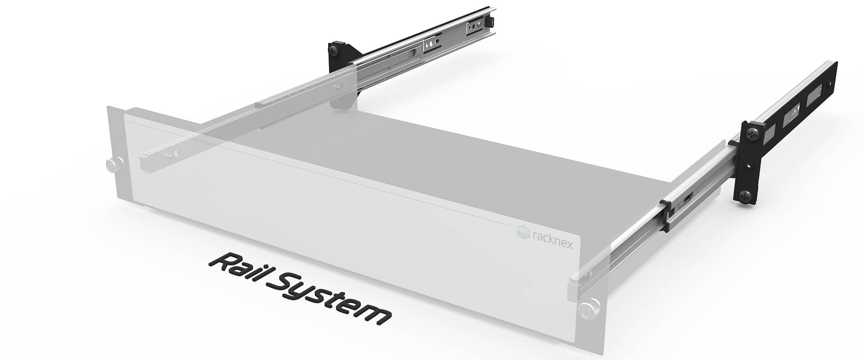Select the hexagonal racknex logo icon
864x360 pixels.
[x=523, y=232]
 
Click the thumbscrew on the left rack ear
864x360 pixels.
[x=114, y=164]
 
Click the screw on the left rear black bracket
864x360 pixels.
[x=335, y=49]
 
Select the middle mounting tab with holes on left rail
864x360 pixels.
[x=431, y=45]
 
